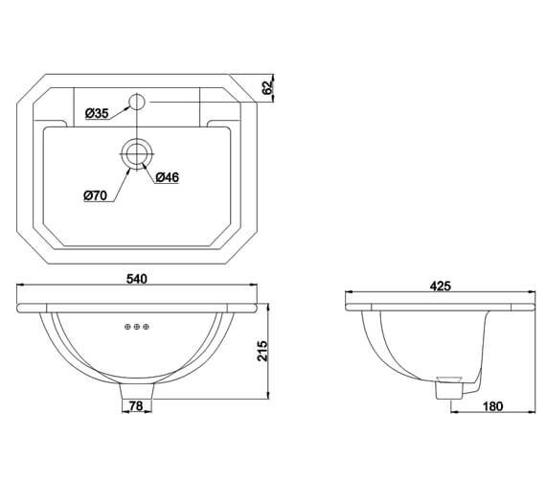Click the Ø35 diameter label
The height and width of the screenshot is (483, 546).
click(96, 113)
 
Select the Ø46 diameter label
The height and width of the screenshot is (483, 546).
click(167, 176)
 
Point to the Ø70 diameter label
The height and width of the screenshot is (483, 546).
click(95, 195)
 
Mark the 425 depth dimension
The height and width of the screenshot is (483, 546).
click(442, 286)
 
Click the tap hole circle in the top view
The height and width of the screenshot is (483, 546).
click(136, 100)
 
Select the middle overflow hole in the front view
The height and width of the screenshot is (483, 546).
click(136, 328)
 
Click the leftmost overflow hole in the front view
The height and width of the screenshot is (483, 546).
click(127, 328)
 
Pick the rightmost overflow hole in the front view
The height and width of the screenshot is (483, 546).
click(145, 328)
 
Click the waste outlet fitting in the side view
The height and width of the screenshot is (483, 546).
click(447, 389)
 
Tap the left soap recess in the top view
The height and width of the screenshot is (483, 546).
click(55, 122)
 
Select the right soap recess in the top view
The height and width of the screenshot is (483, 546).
click(218, 122)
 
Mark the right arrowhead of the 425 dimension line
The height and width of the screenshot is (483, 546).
click(533, 293)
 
